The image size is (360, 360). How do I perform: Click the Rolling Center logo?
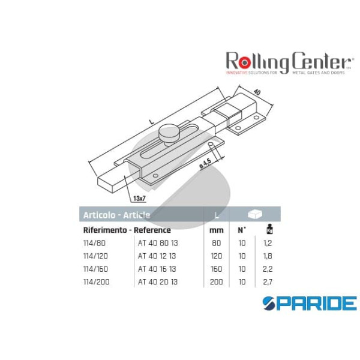[287, 62]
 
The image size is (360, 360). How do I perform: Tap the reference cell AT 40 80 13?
[158, 243]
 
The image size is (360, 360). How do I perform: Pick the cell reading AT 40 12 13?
[158, 256]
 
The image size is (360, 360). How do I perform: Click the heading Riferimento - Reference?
[127, 230]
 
